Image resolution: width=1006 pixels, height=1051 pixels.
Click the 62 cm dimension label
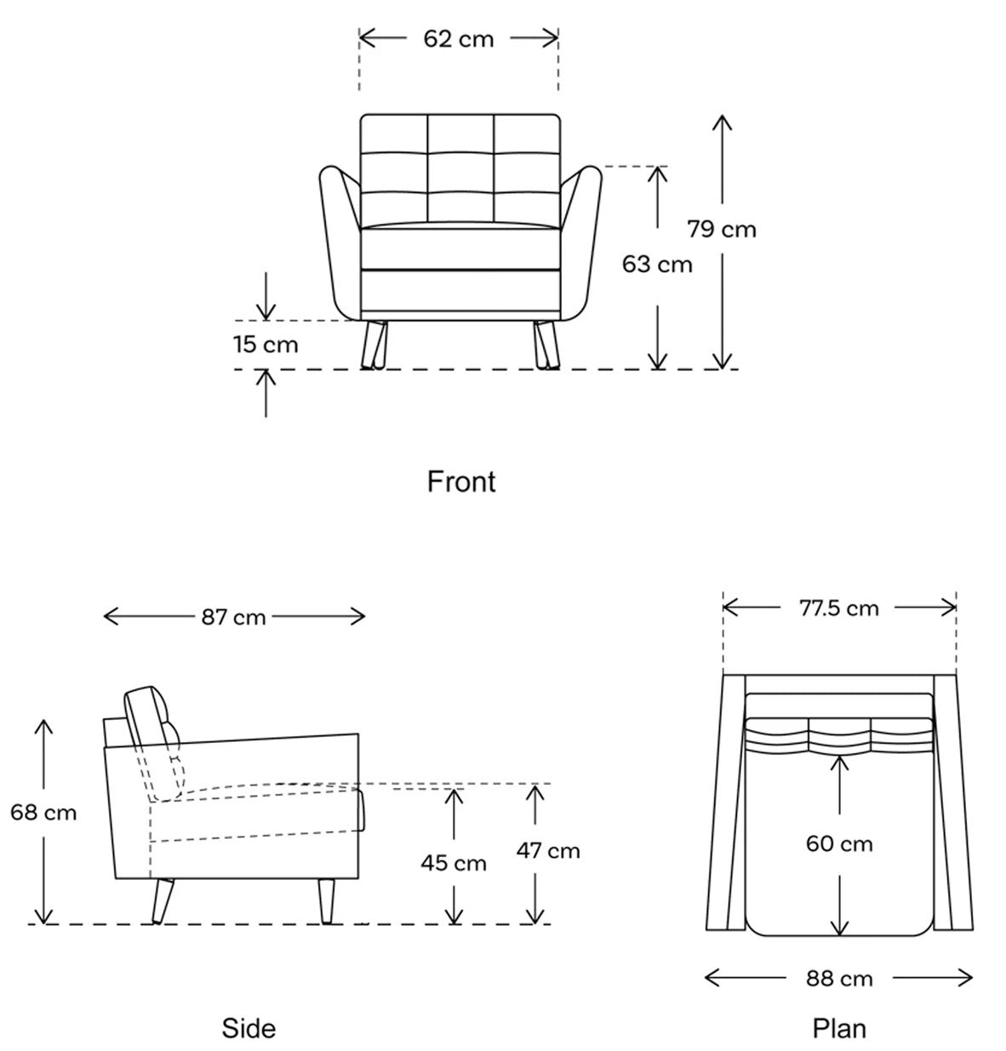pos(458,39)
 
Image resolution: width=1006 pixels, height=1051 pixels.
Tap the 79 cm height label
pos(721,229)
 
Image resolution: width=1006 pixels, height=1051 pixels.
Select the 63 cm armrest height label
pos(657,264)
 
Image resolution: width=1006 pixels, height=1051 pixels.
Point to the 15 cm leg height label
pos(266,344)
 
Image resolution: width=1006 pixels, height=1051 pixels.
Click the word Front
pos(460,481)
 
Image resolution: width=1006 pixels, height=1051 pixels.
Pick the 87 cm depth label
pos(233,617)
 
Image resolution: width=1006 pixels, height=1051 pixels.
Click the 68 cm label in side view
pos(43,812)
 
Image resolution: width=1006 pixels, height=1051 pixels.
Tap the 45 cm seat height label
pos(454,863)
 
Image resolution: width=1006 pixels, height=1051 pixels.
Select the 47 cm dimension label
pos(548,851)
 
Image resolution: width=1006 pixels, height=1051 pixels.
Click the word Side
pos(249,1028)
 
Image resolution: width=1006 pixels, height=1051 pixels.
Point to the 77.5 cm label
pos(839,608)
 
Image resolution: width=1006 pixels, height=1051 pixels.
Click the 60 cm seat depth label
pos(839,843)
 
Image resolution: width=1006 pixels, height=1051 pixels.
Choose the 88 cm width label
pos(839,978)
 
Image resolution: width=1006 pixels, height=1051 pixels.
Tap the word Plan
pos(839,1028)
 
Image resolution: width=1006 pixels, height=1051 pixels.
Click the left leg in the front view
pos(374,346)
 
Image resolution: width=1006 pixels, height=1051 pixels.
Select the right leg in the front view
pos(546,346)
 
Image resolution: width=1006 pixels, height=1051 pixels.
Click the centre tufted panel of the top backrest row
pos(460,134)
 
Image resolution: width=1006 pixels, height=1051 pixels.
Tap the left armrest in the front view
pos(340,243)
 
